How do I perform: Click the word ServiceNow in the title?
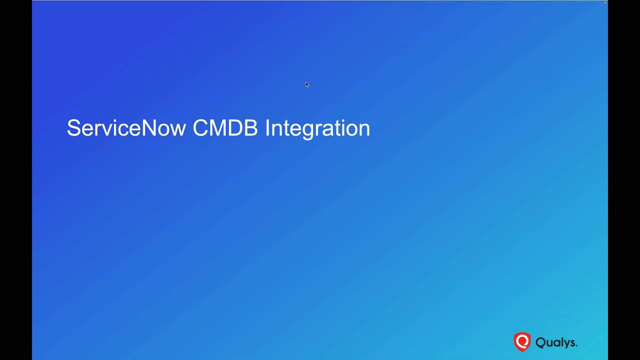point(126,128)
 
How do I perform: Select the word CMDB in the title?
point(225,128)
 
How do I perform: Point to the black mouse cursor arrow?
point(307,85)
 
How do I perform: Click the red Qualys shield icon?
point(522,342)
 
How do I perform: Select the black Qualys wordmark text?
point(556,343)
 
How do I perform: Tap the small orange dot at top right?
point(605,3)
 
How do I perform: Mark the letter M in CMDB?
point(218,128)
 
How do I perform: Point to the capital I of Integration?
point(267,128)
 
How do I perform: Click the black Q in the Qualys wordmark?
point(541,343)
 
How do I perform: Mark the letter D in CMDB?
point(236,128)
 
